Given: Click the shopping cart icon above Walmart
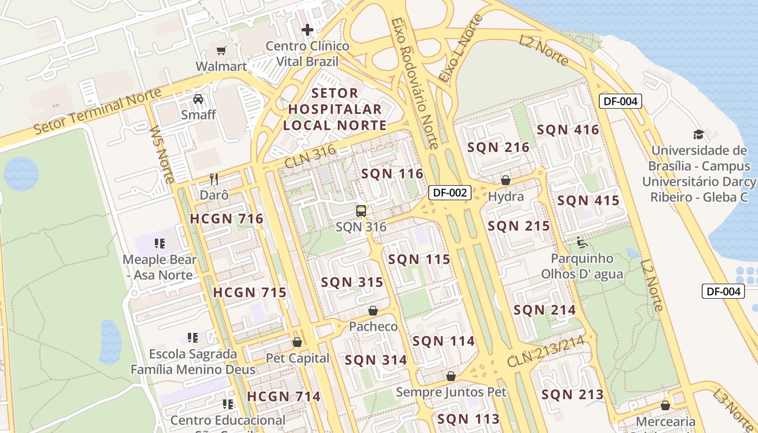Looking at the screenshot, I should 221,51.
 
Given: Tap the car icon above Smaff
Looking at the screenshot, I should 198,99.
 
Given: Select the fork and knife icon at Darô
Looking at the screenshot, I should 214,179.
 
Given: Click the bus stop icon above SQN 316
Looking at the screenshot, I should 361,211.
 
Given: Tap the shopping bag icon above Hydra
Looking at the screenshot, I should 506,180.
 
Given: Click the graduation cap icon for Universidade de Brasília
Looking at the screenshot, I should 698,134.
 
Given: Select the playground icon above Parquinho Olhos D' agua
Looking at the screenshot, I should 582,242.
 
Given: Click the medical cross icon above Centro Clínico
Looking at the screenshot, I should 308,30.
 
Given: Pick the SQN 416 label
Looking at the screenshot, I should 568,129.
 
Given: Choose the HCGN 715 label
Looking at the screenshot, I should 250,293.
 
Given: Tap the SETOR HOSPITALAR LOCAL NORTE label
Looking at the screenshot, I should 335,109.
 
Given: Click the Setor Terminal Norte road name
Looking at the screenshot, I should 97,112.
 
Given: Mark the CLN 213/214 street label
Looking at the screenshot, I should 546,351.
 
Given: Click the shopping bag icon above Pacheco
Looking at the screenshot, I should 373,311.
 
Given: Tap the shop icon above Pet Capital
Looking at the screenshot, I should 297,342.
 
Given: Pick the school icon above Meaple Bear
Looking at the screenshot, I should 159,244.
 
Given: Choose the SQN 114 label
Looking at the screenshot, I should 443,342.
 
